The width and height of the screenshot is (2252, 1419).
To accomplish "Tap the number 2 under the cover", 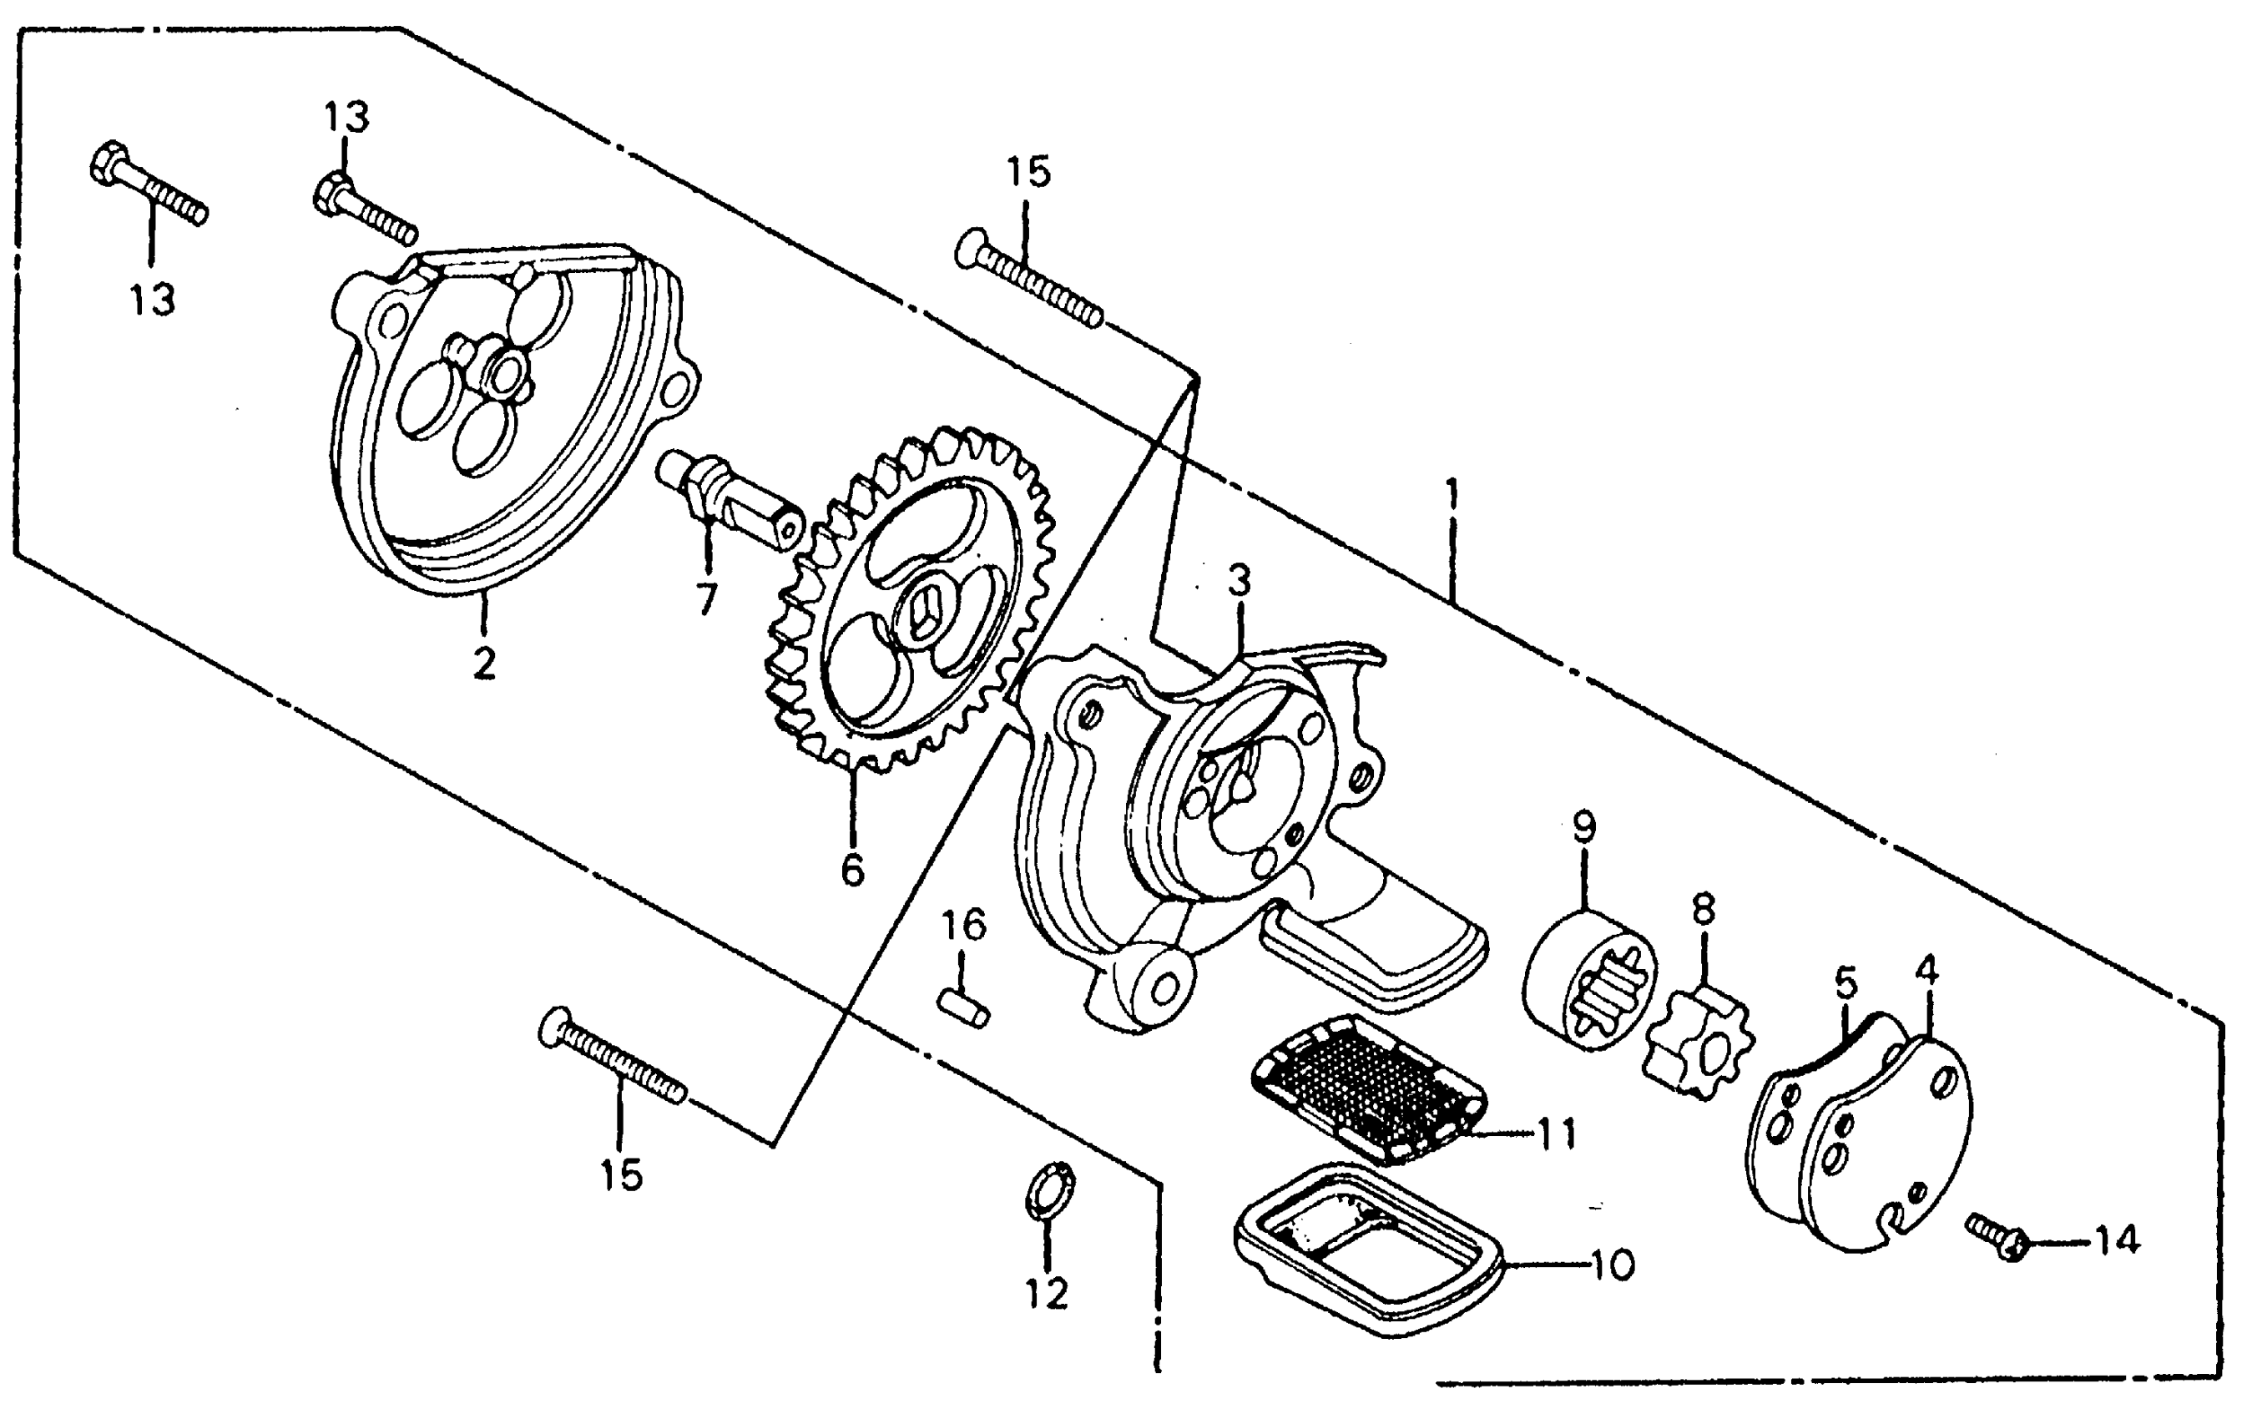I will (x=483, y=662).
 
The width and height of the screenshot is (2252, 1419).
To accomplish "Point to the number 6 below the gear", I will (x=852, y=870).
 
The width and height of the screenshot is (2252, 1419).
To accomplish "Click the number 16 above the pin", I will (x=963, y=925).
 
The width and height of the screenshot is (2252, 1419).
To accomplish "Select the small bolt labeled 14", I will (x=1996, y=1235).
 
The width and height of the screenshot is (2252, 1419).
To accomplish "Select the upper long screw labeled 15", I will (x=1028, y=279).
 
